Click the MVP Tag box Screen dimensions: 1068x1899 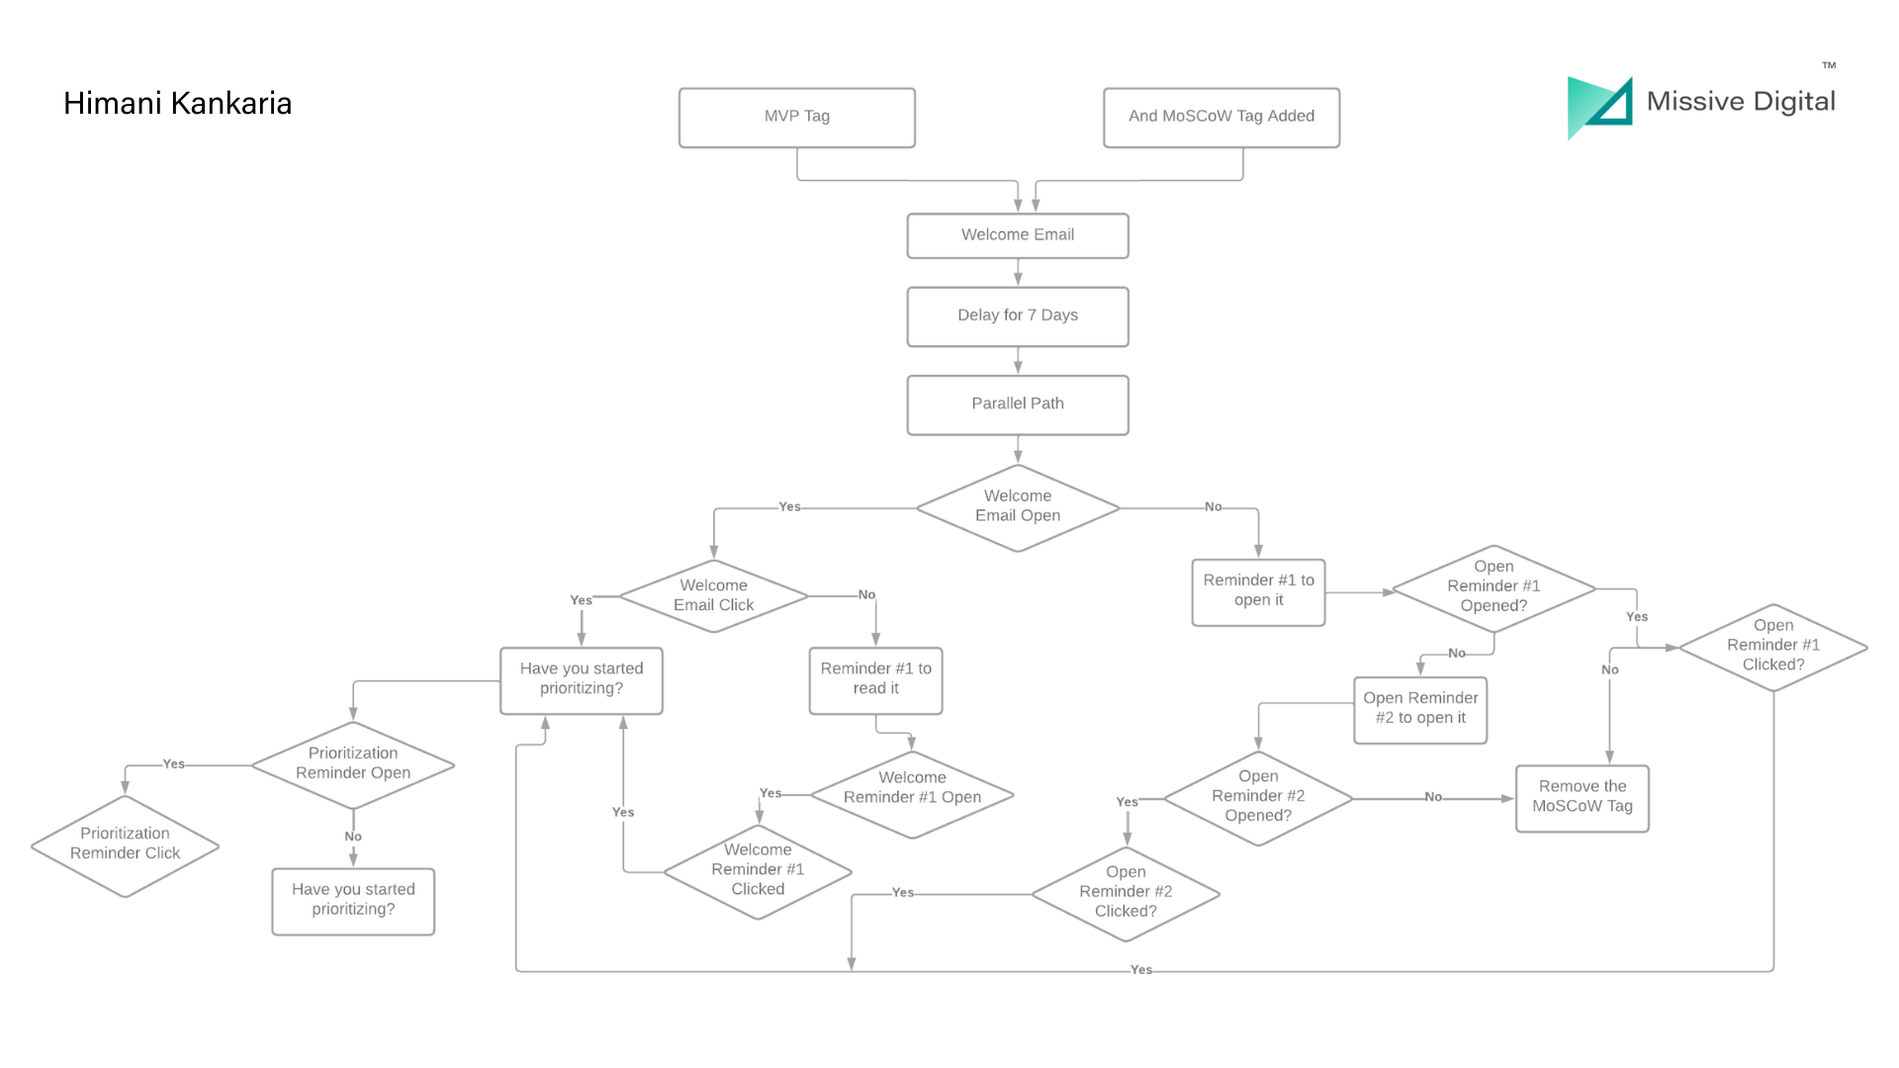coord(796,117)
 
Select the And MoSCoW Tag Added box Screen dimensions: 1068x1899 coord(1221,117)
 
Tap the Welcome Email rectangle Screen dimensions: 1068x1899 coord(1017,235)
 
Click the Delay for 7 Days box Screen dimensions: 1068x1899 coord(1017,315)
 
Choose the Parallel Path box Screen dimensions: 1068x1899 coord(1017,403)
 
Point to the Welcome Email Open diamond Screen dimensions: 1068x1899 coord(1017,506)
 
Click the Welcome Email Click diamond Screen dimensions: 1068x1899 coord(713,595)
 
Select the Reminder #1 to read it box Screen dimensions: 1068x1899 coord(875,679)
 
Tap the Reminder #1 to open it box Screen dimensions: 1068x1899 coord(1257,591)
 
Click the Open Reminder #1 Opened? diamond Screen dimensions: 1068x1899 coord(1492,587)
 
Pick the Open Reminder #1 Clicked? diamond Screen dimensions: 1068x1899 coord(1772,646)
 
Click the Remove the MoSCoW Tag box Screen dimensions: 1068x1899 coord(1582,797)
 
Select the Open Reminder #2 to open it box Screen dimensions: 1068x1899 coord(1419,709)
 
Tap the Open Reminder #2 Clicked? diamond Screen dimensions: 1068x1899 coord(1125,892)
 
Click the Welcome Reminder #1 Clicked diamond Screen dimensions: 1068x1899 coord(757,870)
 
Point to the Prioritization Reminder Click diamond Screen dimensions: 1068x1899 coord(125,845)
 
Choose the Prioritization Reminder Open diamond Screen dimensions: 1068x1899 coord(352,763)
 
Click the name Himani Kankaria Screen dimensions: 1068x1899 coord(177,104)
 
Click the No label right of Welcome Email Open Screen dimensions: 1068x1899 coord(1213,506)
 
